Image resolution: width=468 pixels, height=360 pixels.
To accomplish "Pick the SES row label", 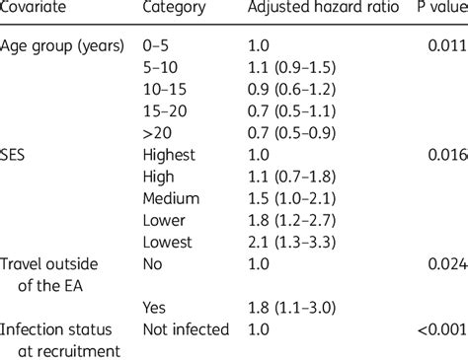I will point(17,155).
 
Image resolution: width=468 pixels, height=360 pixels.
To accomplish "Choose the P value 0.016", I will point(446,155).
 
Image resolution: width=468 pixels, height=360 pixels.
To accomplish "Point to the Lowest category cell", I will point(169,241).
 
